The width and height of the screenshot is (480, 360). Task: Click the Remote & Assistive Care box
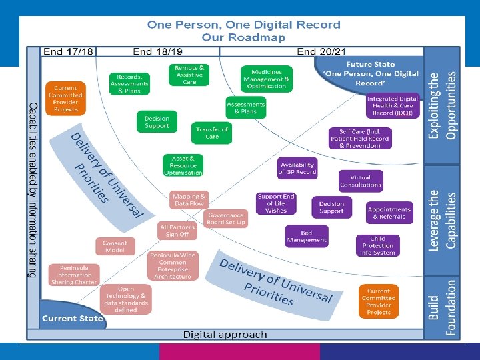(189, 75)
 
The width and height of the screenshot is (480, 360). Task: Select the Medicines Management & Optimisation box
(267, 79)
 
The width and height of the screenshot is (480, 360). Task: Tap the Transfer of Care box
(212, 132)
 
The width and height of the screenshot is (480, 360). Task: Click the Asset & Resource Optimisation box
(183, 166)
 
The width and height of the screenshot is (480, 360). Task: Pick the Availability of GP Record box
(297, 168)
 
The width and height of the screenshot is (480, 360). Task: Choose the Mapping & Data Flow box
(189, 200)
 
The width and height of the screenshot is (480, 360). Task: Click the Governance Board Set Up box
(226, 218)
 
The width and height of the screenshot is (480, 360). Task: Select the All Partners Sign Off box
(177, 231)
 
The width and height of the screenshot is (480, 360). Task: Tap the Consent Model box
(115, 247)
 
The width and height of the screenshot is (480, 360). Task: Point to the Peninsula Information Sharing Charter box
(73, 275)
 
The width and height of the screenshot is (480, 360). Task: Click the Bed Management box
(307, 236)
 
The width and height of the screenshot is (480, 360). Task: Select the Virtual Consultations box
(360, 181)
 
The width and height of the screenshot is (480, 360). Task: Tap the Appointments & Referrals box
(389, 213)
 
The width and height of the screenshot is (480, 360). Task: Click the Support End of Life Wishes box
(275, 203)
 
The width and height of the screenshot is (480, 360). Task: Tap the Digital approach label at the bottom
(225, 334)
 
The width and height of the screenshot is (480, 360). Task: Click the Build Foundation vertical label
(443, 308)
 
